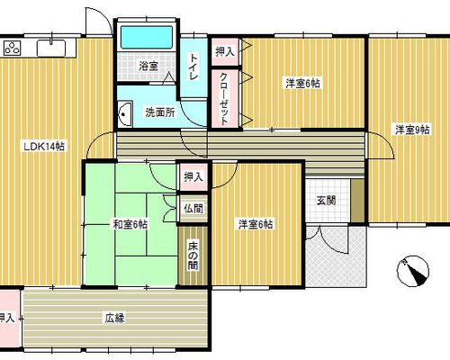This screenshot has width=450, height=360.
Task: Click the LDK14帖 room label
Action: click(x=44, y=147)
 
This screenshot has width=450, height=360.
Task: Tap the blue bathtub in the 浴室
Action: click(x=147, y=38)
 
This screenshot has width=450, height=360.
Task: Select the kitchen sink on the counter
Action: click(x=51, y=48)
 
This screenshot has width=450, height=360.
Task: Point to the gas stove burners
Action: click(x=13, y=48)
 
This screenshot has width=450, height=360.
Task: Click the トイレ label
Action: click(x=193, y=67)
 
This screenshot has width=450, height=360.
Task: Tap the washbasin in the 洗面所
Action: click(x=124, y=113)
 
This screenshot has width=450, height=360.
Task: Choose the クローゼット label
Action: click(x=225, y=99)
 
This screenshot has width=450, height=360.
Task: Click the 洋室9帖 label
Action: click(x=412, y=130)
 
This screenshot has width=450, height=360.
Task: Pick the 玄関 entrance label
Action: click(x=327, y=201)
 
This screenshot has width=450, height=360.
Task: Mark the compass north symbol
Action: click(x=413, y=271)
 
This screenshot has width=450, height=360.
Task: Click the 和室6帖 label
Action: click(x=130, y=224)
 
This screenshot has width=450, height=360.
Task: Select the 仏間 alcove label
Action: click(x=193, y=209)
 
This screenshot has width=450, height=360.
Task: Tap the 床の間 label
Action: click(x=193, y=256)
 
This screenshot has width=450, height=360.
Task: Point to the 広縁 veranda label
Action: click(x=114, y=318)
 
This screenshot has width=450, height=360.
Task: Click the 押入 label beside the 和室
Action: click(x=193, y=176)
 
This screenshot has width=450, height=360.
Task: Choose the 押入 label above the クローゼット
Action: click(x=225, y=52)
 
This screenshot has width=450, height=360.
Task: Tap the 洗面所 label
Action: click(x=160, y=112)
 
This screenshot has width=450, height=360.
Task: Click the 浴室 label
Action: click(x=148, y=66)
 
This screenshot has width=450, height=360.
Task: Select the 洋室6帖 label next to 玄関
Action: click(x=256, y=224)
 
